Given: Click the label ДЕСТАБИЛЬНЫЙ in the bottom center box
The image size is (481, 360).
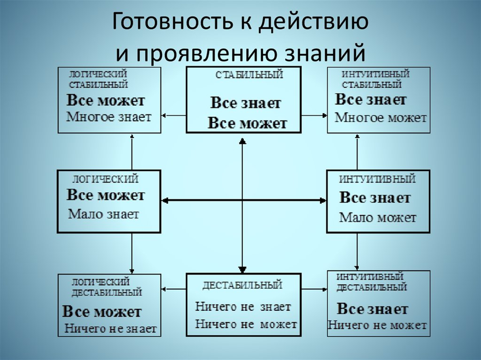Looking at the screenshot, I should (x=242, y=285).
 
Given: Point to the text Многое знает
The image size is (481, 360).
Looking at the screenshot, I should (x=109, y=117).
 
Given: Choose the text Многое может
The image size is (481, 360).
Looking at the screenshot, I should (x=381, y=118).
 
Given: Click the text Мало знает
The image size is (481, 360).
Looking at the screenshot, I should (x=104, y=214).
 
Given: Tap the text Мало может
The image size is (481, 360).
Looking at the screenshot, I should (x=378, y=218).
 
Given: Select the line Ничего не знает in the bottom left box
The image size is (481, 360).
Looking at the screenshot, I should (x=110, y=329).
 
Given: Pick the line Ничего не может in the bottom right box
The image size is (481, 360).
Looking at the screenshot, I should (x=377, y=325).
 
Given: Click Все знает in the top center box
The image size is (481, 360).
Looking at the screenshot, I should (x=246, y=103).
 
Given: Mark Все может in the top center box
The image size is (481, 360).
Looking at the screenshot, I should (x=247, y=123).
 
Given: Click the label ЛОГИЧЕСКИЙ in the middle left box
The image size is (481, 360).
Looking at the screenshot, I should (x=105, y=179).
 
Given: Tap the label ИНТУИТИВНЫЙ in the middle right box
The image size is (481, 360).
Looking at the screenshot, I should (x=378, y=180).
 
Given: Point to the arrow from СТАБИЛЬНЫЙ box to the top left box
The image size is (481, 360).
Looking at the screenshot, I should (x=173, y=115).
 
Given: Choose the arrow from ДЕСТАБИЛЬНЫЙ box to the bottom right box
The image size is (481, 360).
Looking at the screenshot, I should (x=314, y=288).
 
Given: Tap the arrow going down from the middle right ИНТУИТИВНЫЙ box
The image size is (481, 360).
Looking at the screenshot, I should (x=357, y=251).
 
